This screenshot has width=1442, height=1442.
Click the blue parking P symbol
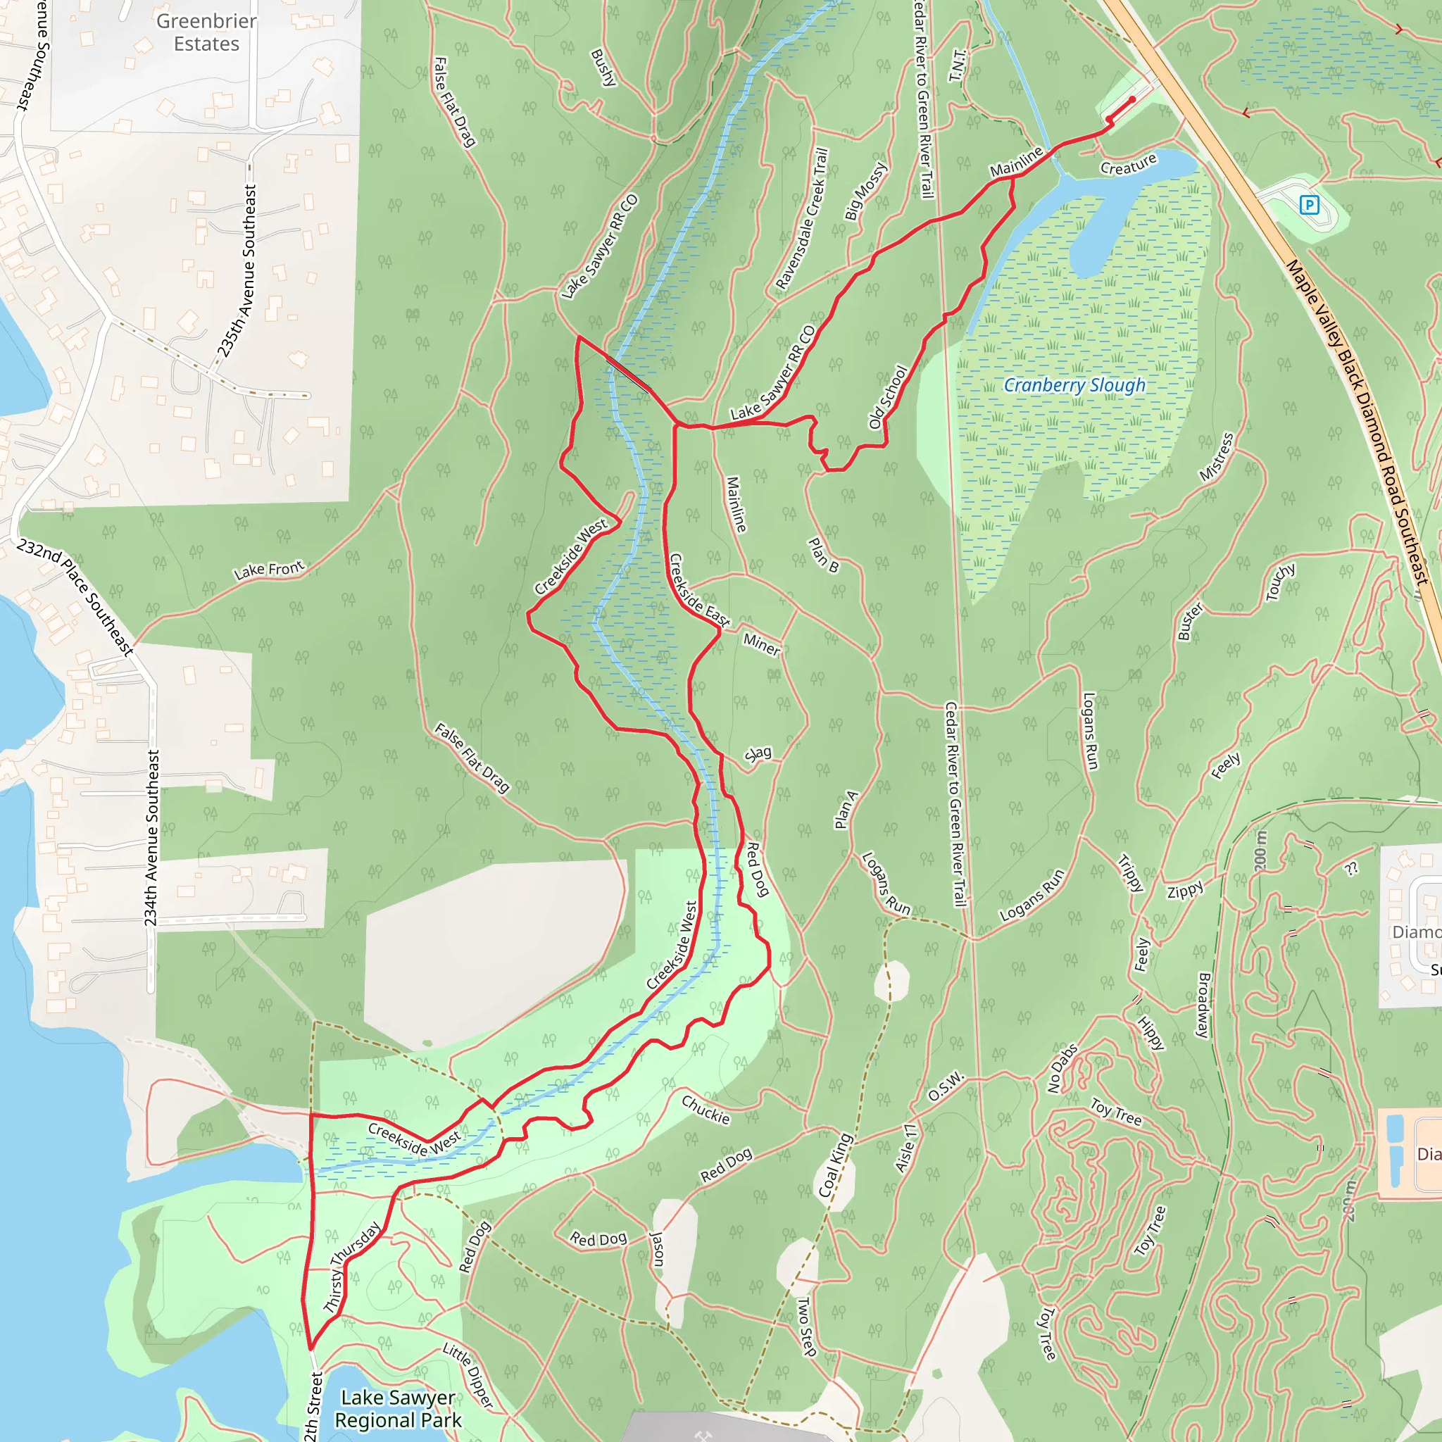click(x=1309, y=204)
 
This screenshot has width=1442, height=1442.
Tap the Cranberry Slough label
click(x=1074, y=385)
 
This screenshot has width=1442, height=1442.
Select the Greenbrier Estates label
click(x=207, y=32)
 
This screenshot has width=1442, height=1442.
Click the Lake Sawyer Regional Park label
click(x=398, y=1408)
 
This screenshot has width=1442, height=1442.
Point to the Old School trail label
click(x=888, y=396)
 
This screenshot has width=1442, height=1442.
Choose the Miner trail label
click(x=761, y=644)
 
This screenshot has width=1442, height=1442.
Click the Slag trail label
click(x=758, y=754)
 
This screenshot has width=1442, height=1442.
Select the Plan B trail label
click(x=824, y=556)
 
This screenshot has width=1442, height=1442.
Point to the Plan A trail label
click(x=846, y=810)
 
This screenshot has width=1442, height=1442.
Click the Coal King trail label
click(x=835, y=1166)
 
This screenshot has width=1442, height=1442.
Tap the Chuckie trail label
click(x=706, y=1110)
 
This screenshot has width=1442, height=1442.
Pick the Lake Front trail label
click(x=270, y=570)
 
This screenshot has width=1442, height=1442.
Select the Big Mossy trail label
click(x=866, y=191)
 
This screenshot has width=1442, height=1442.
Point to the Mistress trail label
click(x=1217, y=457)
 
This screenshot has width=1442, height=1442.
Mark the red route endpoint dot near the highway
click(x=1132, y=99)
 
